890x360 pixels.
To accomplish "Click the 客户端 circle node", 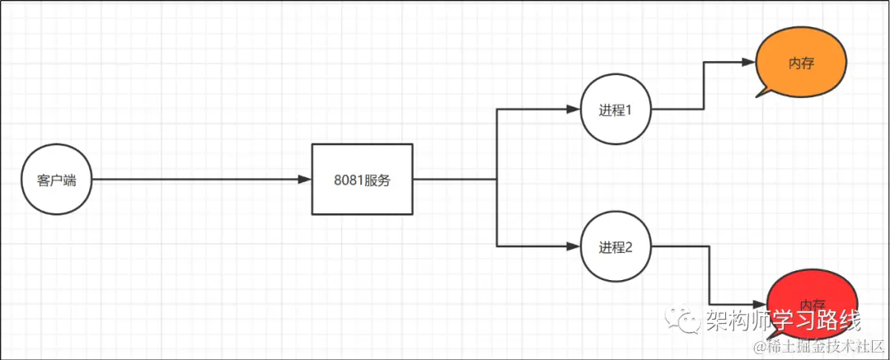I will point(57,180).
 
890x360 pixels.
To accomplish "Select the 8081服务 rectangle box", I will point(362,179).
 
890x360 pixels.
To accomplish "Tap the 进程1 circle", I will point(616,109).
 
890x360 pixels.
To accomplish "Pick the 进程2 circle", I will point(616,246).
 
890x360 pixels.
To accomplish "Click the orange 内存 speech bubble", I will point(801,63).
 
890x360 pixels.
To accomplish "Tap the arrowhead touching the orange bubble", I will point(751,63).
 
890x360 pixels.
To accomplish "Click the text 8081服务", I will point(362,180).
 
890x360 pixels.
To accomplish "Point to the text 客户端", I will point(57,180).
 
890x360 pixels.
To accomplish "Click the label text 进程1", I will point(616,110).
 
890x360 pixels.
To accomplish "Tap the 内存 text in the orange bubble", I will point(801,64).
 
